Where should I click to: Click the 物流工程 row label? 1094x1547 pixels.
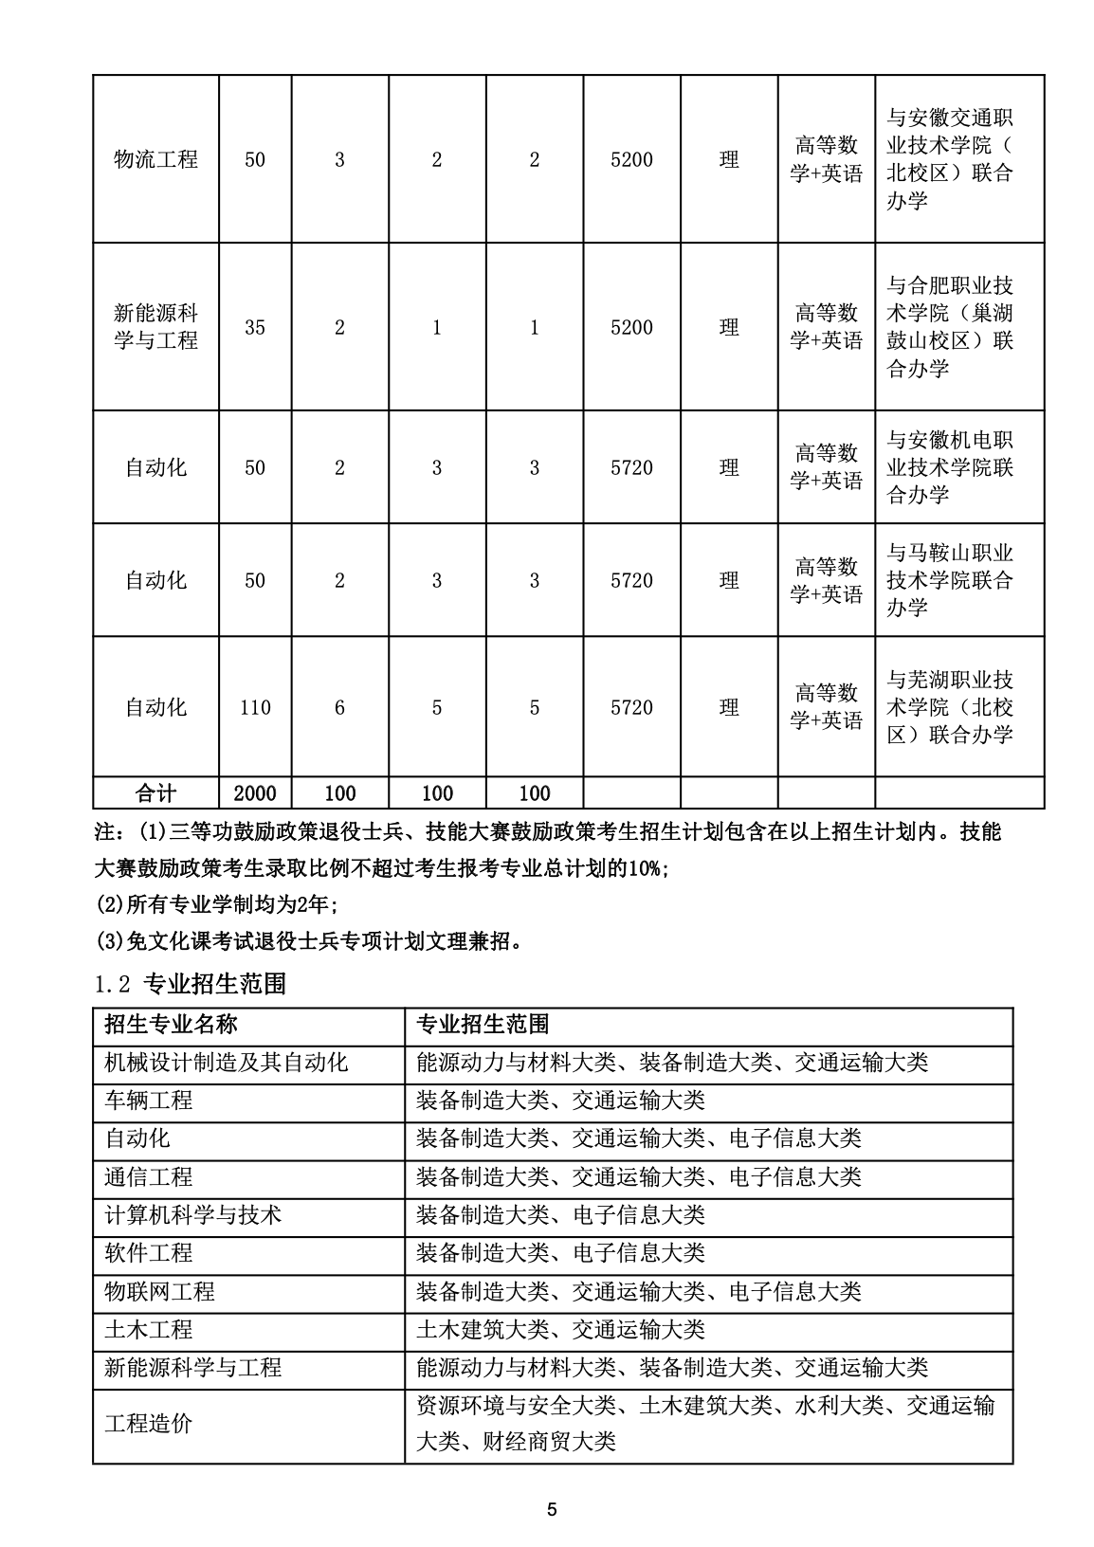click(x=155, y=159)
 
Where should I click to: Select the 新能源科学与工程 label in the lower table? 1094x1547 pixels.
click(x=193, y=1368)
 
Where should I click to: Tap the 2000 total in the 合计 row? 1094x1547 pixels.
click(x=255, y=793)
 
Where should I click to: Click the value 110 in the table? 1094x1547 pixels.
click(x=255, y=707)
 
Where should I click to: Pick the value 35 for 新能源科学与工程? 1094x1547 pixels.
click(x=255, y=328)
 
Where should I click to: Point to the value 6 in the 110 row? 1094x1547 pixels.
click(x=339, y=707)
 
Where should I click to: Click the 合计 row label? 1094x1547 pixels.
click(x=155, y=793)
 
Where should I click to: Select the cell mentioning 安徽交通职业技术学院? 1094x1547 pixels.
click(x=950, y=159)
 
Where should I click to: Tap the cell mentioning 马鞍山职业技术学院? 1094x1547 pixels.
click(x=950, y=580)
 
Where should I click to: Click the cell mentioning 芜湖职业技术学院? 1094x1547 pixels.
click(x=950, y=707)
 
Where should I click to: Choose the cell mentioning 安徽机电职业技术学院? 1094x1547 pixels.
click(x=950, y=467)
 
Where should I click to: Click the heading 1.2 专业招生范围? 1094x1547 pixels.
click(x=191, y=984)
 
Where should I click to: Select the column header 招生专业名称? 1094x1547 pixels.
click(x=171, y=1025)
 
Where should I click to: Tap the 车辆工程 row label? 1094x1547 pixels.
click(x=149, y=1101)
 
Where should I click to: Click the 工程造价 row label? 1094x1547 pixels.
click(x=149, y=1424)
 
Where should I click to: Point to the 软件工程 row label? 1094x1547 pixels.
click(x=149, y=1253)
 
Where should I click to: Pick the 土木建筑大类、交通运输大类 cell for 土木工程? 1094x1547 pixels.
click(x=560, y=1330)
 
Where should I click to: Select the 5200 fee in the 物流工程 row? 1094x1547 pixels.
click(x=631, y=159)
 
